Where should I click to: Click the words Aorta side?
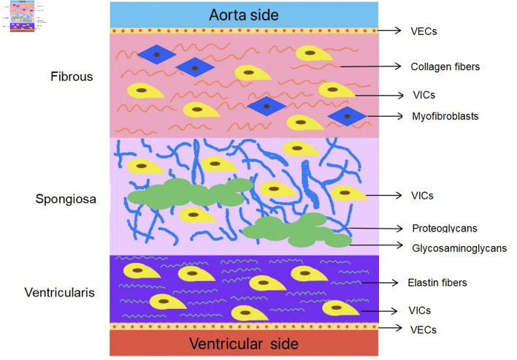244,15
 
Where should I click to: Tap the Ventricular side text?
244,343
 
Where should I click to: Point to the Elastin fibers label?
437,283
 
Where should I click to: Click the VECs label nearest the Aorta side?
424,31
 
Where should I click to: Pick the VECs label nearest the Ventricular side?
424,329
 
